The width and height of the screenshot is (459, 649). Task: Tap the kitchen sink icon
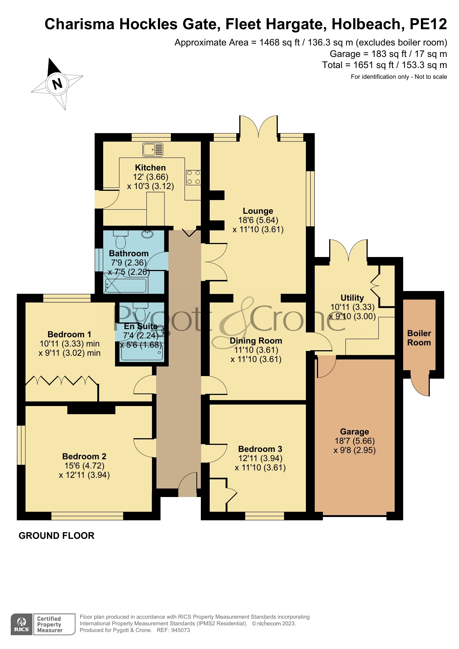tap(152, 150)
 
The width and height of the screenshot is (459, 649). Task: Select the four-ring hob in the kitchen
tap(193, 177)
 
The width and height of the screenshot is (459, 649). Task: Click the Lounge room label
tap(258, 211)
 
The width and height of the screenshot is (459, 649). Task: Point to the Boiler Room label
tap(419, 338)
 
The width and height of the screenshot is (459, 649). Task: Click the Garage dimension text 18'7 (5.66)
tap(354, 441)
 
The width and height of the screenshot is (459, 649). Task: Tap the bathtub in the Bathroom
tap(126, 285)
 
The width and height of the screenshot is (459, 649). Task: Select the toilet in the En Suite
tap(140, 313)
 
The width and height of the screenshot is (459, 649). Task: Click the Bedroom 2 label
tap(84, 456)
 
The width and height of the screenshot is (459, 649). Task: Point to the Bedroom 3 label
tap(260, 449)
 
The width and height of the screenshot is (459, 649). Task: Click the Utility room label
tap(352, 298)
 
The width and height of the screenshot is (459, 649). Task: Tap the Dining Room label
tap(256, 341)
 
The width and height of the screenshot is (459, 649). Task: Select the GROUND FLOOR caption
tap(57, 535)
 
